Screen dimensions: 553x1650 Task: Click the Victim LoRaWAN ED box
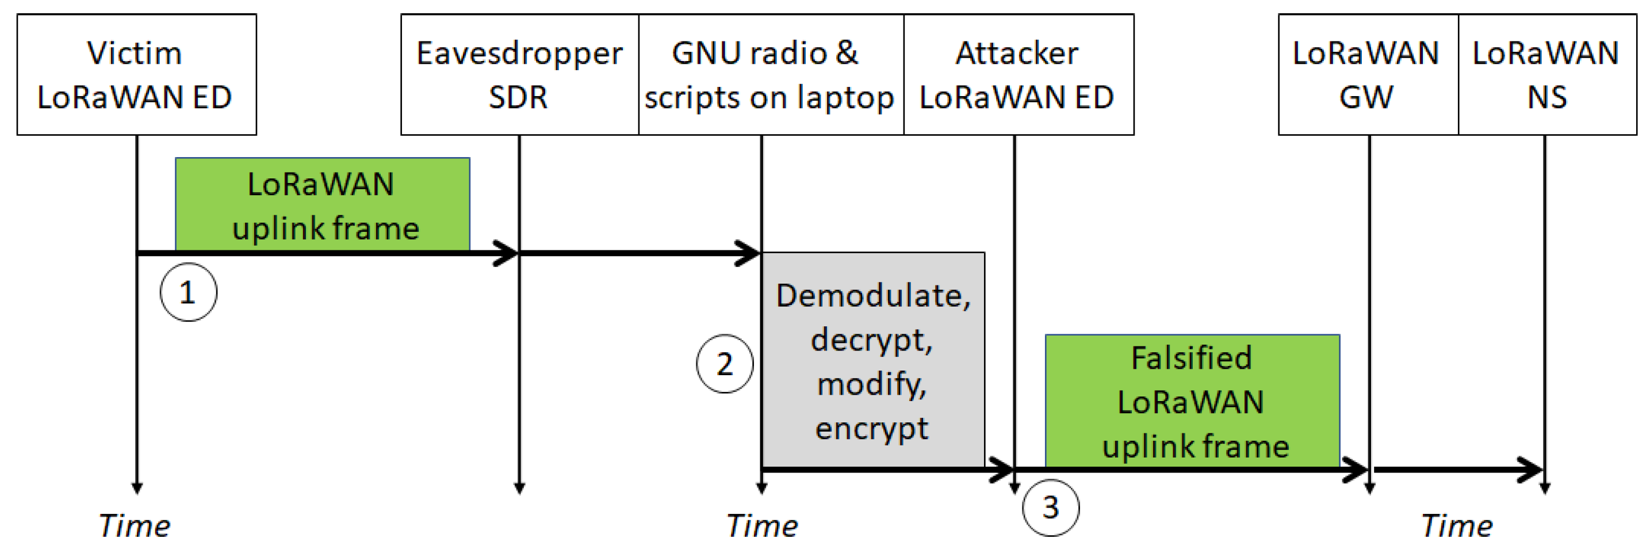pyautogui.click(x=136, y=74)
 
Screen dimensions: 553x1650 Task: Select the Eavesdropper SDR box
pyautogui.click(x=519, y=74)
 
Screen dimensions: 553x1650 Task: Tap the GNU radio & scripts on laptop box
pyautogui.click(x=771, y=74)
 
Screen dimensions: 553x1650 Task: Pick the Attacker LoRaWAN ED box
pyautogui.click(x=1018, y=74)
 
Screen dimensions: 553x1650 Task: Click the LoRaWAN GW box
pyautogui.click(x=1368, y=74)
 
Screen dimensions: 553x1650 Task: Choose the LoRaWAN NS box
pyautogui.click(x=1547, y=74)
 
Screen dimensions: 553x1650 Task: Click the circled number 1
pyautogui.click(x=188, y=292)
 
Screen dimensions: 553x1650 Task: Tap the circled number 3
pyautogui.click(x=1051, y=508)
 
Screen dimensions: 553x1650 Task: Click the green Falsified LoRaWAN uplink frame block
pyautogui.click(x=1192, y=401)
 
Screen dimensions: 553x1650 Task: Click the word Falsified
pyautogui.click(x=1192, y=357)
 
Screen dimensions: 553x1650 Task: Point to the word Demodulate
pyautogui.click(x=873, y=295)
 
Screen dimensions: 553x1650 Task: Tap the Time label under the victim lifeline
pyautogui.click(x=135, y=526)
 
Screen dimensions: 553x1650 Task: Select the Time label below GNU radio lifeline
pyautogui.click(x=762, y=526)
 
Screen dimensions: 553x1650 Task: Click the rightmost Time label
pyautogui.click(x=1457, y=526)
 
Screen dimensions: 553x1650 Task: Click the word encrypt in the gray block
pyautogui.click(x=871, y=428)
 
